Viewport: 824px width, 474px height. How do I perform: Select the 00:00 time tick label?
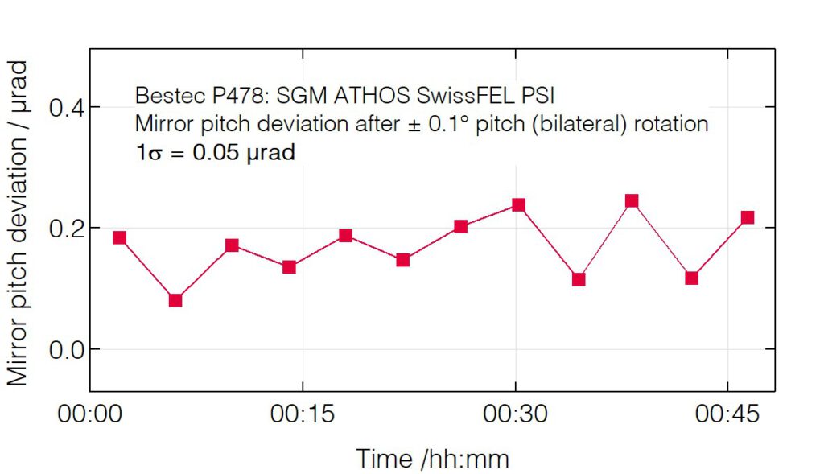[90, 416]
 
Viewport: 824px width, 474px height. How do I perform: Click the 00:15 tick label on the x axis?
[302, 416]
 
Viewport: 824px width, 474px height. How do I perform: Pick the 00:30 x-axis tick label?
[515, 416]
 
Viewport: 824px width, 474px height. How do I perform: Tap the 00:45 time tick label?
[727, 416]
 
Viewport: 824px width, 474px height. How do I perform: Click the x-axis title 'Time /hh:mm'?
[432, 459]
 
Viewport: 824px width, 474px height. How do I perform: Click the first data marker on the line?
[119, 237]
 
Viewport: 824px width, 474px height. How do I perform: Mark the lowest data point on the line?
[175, 300]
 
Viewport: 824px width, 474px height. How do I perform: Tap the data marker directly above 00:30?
[518, 205]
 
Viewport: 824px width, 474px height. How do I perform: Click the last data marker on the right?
[748, 217]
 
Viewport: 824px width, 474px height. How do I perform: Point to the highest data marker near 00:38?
[632, 200]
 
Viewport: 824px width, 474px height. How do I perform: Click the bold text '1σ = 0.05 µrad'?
[215, 153]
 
